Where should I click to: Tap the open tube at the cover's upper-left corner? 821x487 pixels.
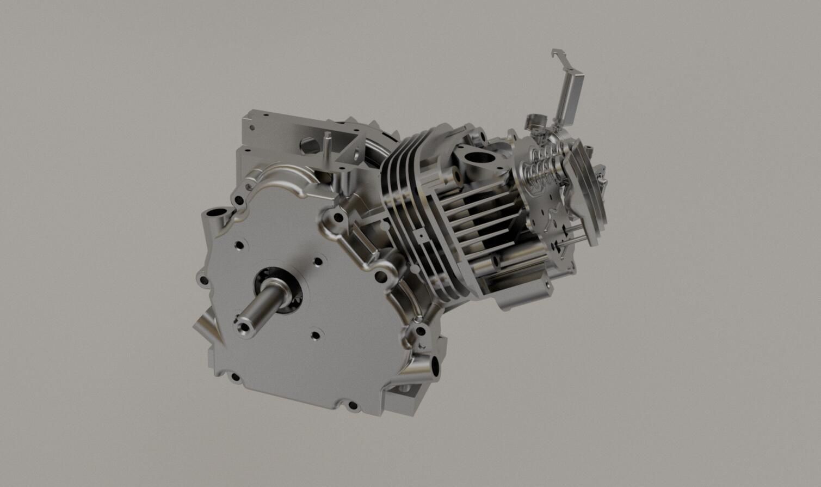[214, 212]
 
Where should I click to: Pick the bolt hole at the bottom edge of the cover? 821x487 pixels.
[351, 405]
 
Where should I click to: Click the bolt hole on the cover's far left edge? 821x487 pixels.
[203, 281]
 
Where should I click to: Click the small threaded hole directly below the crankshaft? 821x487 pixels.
[314, 334]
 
